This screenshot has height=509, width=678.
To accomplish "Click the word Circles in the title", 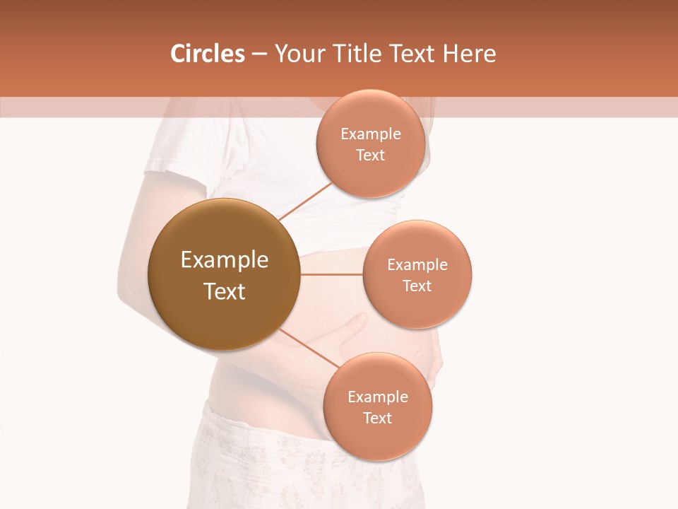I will [207, 54].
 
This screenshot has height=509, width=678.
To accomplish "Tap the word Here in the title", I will [469, 54].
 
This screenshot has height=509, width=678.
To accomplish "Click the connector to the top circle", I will [306, 201].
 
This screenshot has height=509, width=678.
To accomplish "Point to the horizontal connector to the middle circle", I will [331, 274].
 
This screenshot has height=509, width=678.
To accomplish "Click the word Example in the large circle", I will [225, 260].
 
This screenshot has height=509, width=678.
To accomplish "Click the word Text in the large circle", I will [225, 291].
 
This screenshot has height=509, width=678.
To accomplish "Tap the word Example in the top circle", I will [371, 134].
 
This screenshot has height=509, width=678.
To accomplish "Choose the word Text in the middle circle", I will [417, 286].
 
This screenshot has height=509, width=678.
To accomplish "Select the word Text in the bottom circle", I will [378, 419].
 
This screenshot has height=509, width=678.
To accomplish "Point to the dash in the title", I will [259, 54].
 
